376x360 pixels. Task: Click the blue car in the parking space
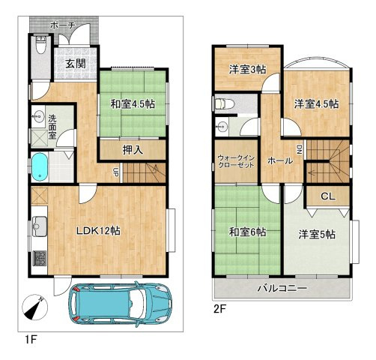click(121, 304)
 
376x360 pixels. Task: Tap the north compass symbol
click(34, 307)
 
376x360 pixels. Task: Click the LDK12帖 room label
click(98, 231)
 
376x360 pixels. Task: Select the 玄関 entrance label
click(76, 64)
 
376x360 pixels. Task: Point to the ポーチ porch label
click(62, 25)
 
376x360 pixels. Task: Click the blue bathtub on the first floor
click(40, 166)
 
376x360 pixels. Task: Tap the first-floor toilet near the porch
click(40, 45)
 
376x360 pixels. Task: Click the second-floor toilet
click(224, 103)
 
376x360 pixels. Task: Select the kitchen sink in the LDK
click(40, 226)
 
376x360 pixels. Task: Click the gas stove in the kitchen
click(40, 258)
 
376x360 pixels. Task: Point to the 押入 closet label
click(133, 150)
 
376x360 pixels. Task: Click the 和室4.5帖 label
click(133, 104)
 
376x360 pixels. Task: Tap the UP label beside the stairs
click(115, 172)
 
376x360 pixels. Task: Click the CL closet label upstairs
click(328, 196)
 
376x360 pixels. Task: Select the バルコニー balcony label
click(282, 288)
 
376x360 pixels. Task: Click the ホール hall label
click(280, 160)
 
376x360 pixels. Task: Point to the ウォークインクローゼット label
click(236, 161)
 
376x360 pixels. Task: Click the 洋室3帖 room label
click(247, 70)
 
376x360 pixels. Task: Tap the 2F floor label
click(219, 310)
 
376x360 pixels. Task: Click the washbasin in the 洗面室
click(38, 116)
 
